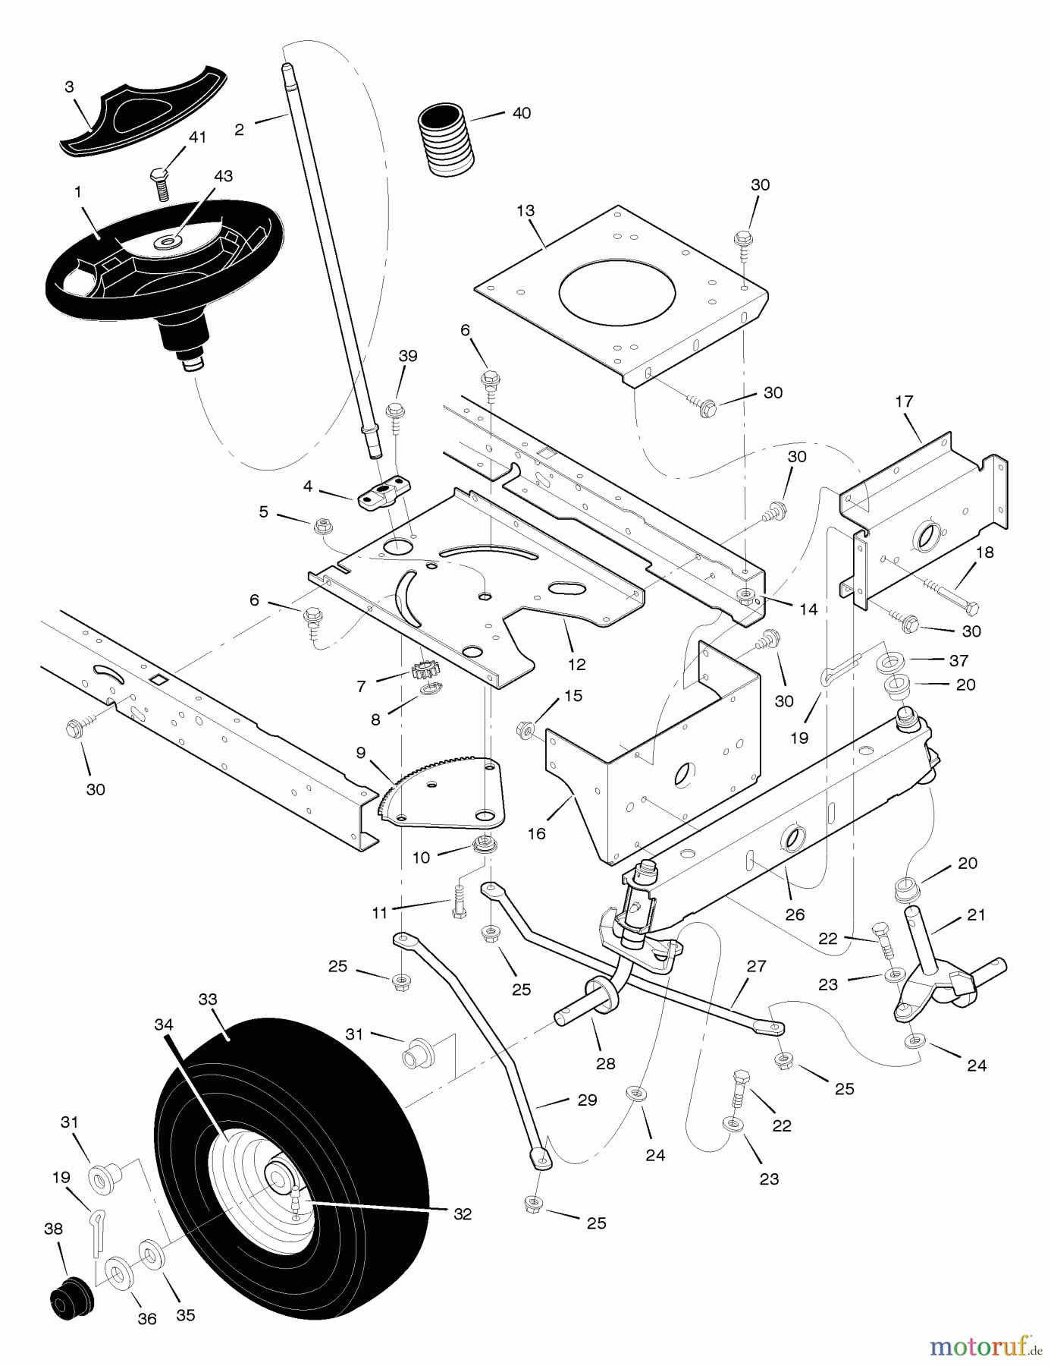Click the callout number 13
coord(525,211)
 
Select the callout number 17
coord(904,401)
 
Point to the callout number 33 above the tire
coord(207,999)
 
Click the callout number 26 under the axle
coord(794,914)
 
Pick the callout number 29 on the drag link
coord(587,1100)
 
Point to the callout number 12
coord(576,664)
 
